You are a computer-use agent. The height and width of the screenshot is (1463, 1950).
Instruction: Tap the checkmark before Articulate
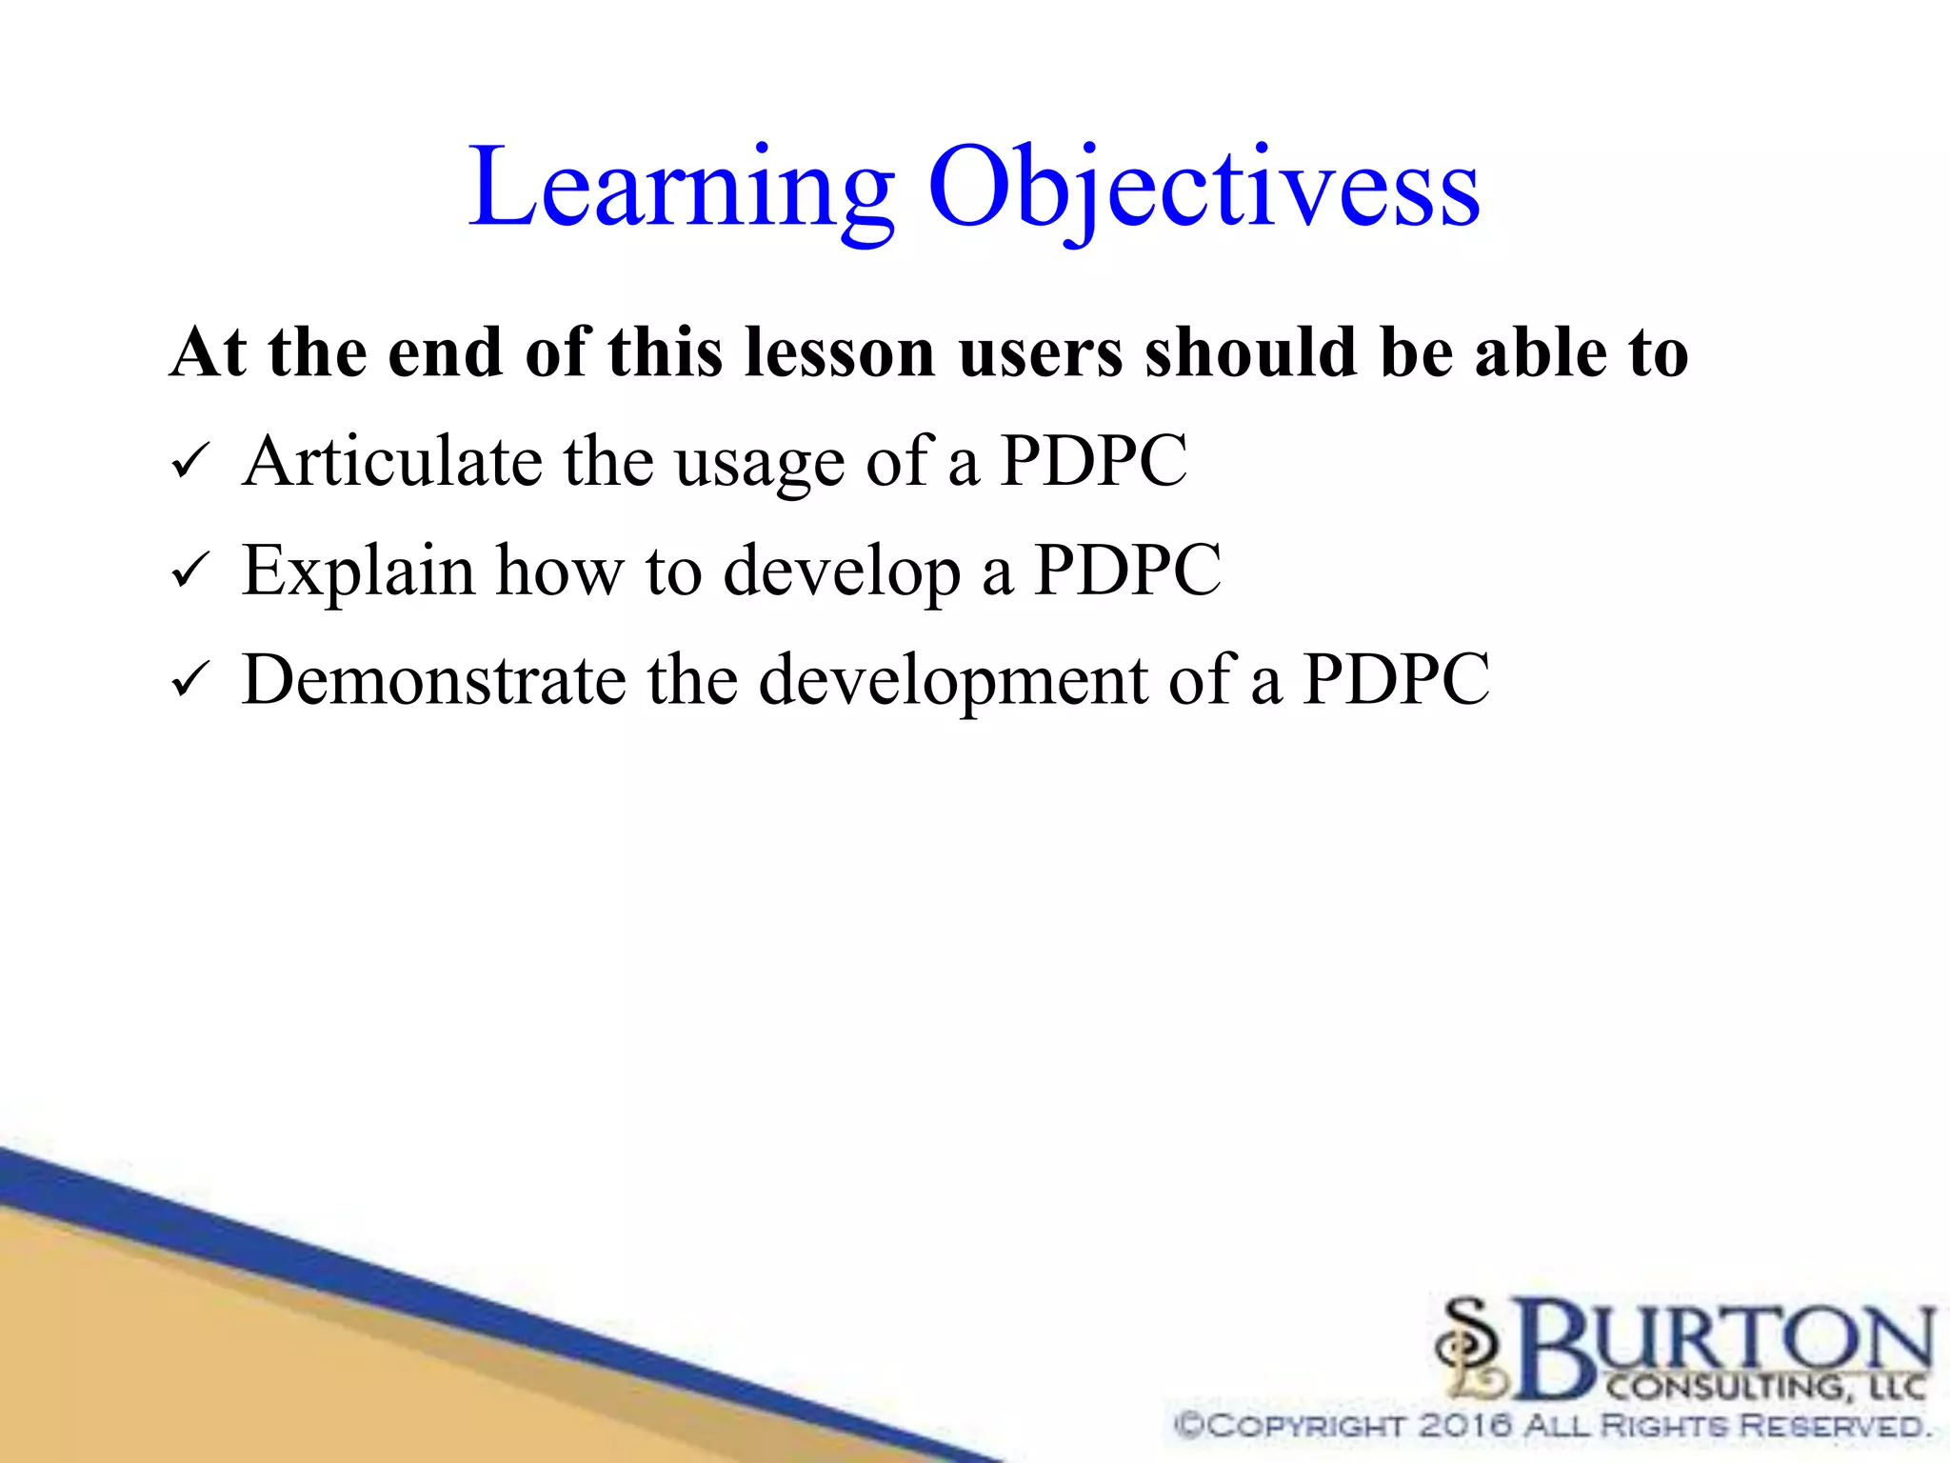[187, 465]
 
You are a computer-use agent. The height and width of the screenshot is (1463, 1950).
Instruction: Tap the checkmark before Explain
[187, 573]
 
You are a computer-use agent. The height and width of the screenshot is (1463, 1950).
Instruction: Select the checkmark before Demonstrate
[187, 683]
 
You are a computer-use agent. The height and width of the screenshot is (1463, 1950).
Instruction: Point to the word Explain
[358, 571]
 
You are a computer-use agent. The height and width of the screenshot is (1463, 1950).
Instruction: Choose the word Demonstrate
[434, 680]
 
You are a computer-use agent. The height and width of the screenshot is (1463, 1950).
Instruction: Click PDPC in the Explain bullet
[1127, 571]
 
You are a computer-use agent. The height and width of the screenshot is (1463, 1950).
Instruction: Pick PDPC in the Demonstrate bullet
[1396, 680]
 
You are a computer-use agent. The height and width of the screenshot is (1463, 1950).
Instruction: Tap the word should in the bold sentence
[1251, 353]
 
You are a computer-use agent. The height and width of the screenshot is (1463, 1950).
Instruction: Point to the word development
[952, 682]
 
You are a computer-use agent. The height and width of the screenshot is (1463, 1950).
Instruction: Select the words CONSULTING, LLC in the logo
[1766, 1387]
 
